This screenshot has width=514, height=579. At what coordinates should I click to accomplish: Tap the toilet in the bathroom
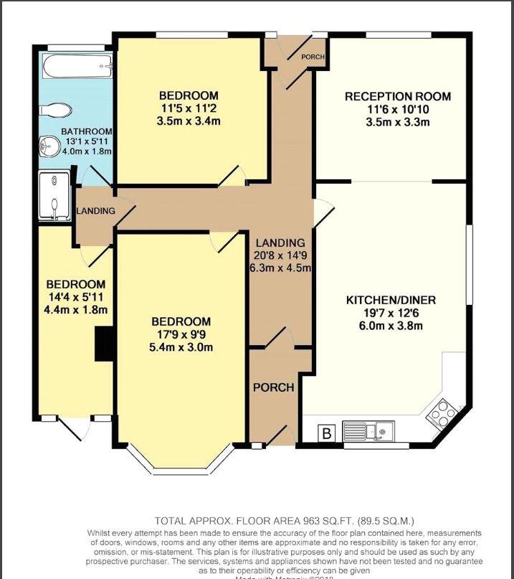tap(57, 109)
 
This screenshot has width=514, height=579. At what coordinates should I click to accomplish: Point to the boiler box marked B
tap(327, 433)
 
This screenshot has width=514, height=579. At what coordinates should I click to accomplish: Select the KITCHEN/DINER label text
tap(391, 300)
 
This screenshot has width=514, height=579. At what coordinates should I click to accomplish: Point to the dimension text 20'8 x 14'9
tap(280, 256)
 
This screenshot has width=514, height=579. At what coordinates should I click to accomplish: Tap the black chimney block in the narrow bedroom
tap(104, 343)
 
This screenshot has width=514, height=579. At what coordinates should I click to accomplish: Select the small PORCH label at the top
tap(313, 57)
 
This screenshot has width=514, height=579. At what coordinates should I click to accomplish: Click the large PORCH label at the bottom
tap(273, 387)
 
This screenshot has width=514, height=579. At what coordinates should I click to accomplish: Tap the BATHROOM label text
tap(86, 131)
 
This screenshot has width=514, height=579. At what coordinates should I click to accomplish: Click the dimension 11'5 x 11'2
tap(189, 108)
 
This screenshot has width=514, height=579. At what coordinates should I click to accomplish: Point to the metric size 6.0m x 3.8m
tap(391, 325)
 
